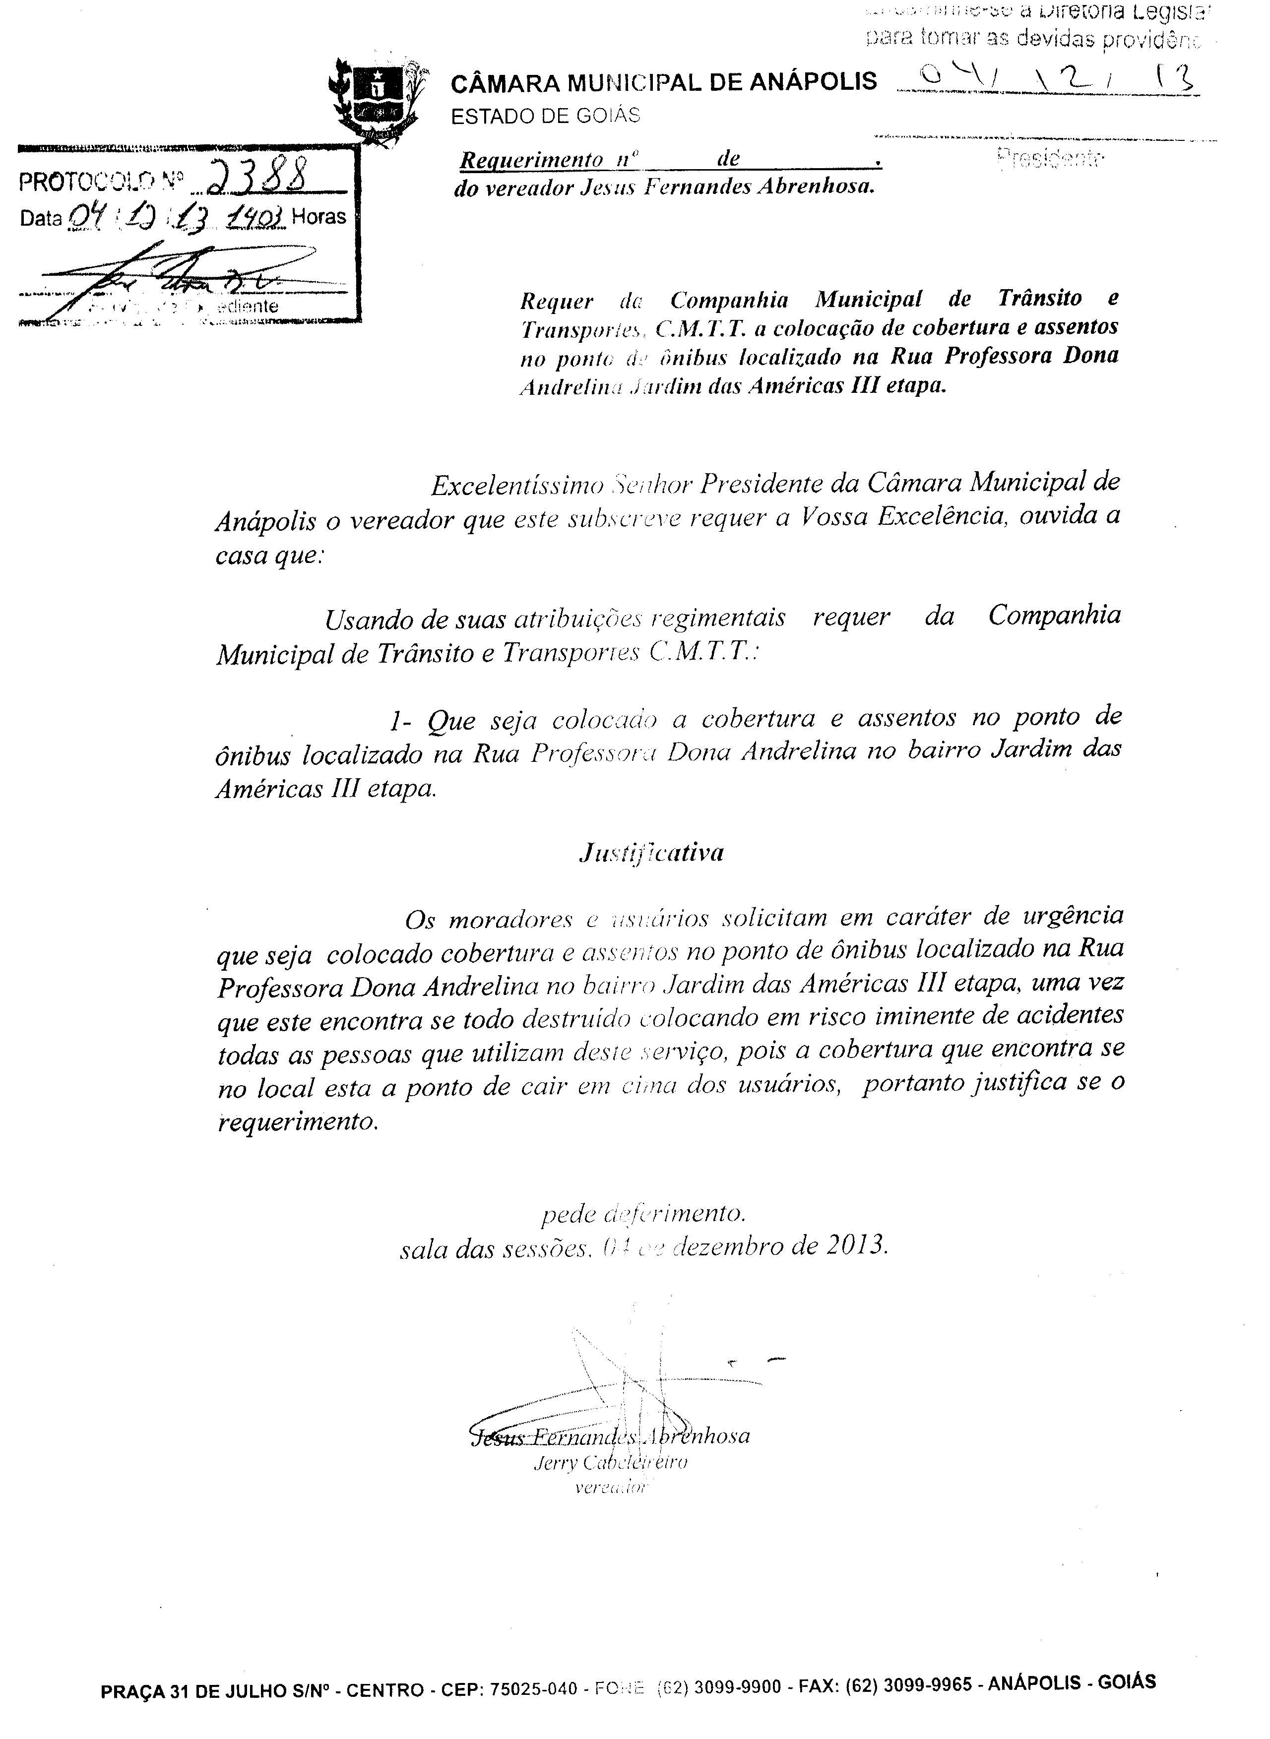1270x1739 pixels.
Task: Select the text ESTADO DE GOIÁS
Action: tap(545, 116)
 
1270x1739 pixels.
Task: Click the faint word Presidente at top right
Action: tap(1050, 158)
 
